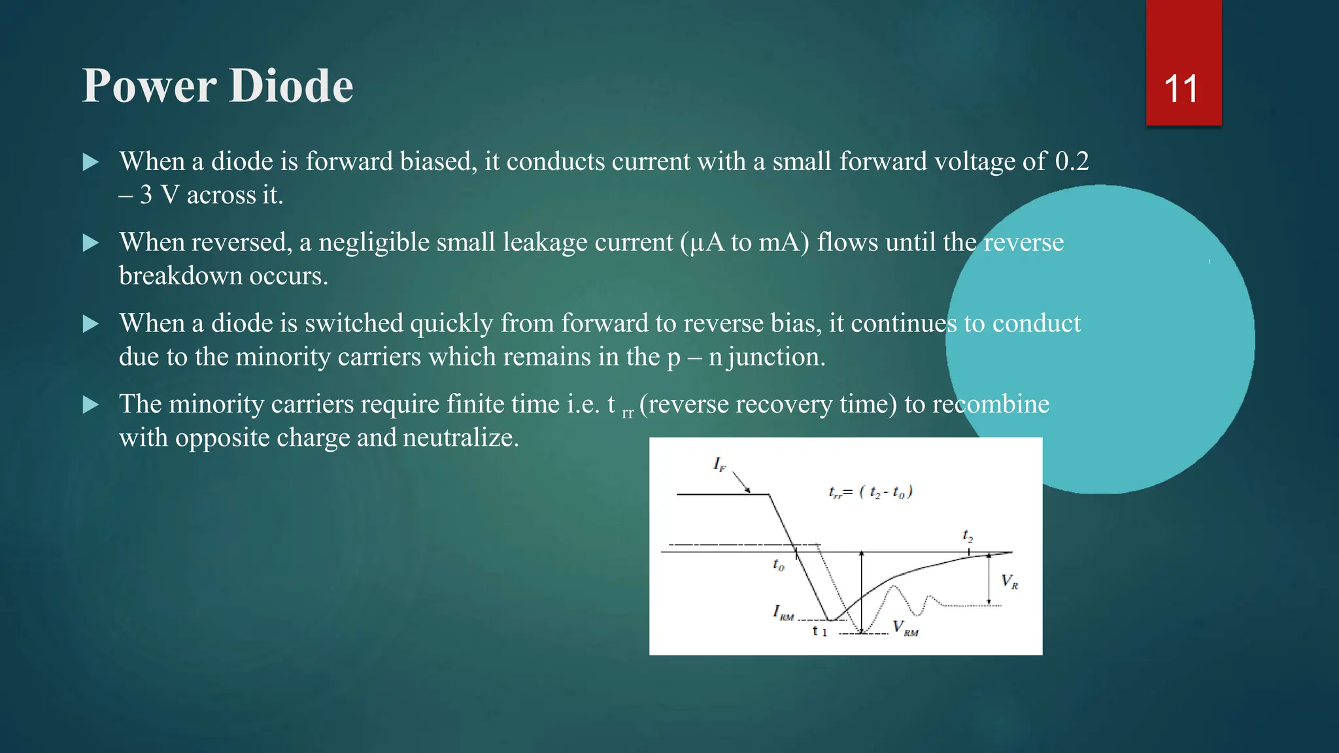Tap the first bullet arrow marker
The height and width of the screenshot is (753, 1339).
tap(91, 162)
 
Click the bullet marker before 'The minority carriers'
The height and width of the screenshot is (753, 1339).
tap(91, 405)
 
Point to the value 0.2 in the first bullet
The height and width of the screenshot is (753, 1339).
tap(1072, 161)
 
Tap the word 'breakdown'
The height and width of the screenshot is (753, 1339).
tap(180, 276)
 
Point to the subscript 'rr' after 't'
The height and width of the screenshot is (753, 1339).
tap(628, 413)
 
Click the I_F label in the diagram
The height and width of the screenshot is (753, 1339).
tap(719, 465)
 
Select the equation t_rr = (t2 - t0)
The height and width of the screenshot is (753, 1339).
tap(870, 492)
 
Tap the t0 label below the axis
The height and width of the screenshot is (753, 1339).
tap(778, 565)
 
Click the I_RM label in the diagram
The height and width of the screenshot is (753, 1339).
tap(783, 612)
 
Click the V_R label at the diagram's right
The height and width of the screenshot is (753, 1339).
tap(1009, 581)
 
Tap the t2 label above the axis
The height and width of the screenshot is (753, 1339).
tap(968, 537)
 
